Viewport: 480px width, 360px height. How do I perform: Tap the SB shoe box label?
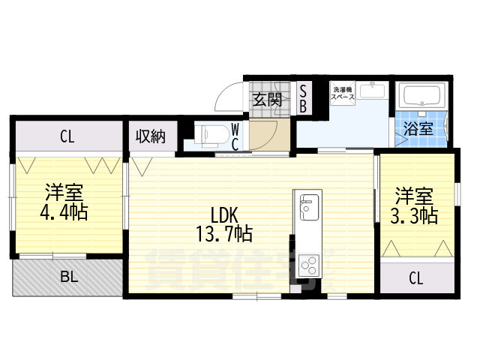pyautogui.click(x=303, y=98)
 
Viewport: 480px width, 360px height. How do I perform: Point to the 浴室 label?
pyautogui.click(x=419, y=128)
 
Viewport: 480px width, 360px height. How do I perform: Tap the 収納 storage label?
pyautogui.click(x=150, y=136)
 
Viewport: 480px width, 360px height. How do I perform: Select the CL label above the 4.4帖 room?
pyautogui.click(x=67, y=136)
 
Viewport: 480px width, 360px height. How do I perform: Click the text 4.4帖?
pyautogui.click(x=64, y=212)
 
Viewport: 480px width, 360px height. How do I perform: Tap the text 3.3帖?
pyautogui.click(x=415, y=217)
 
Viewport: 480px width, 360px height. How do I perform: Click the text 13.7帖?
pyautogui.click(x=223, y=234)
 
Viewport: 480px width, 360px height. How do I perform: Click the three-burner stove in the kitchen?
pyautogui.click(x=308, y=263)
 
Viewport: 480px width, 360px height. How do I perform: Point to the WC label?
pyautogui.click(x=235, y=136)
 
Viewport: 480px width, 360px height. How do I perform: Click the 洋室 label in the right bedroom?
pyautogui.click(x=414, y=197)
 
